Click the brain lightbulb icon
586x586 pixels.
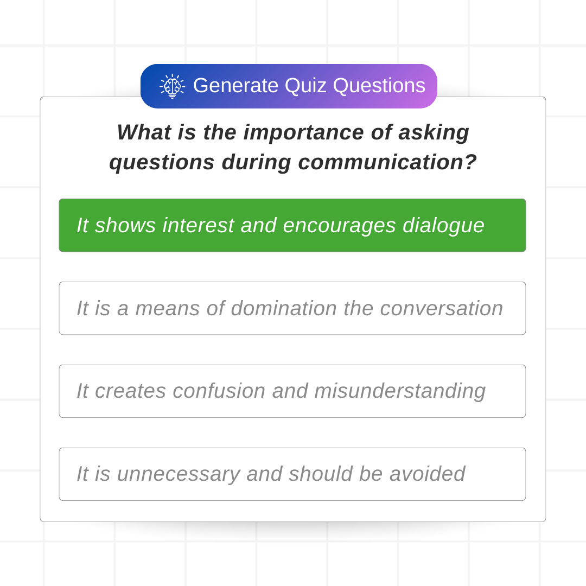pyautogui.click(x=173, y=86)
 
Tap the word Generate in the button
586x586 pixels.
pyautogui.click(x=236, y=86)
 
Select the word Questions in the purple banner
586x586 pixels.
pyautogui.click(x=379, y=86)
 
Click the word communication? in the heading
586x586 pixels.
pyautogui.click(x=387, y=163)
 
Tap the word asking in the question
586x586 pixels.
pyautogui.click(x=434, y=133)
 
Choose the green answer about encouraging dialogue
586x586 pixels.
pyautogui.click(x=292, y=225)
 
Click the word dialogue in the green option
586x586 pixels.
pyautogui.click(x=443, y=226)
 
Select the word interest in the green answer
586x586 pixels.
pyautogui.click(x=199, y=225)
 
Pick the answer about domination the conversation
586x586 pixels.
pyautogui.click(x=292, y=308)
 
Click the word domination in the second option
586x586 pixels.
pyautogui.click(x=284, y=308)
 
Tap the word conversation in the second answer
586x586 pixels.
pyautogui.click(x=441, y=309)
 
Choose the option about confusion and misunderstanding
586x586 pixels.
pyautogui.click(x=292, y=391)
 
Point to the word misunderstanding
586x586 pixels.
pyautogui.click(x=400, y=391)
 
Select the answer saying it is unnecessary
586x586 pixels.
pyautogui.click(x=292, y=474)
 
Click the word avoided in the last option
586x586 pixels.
pyautogui.click(x=427, y=474)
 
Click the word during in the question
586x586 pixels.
pyautogui.click(x=256, y=163)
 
